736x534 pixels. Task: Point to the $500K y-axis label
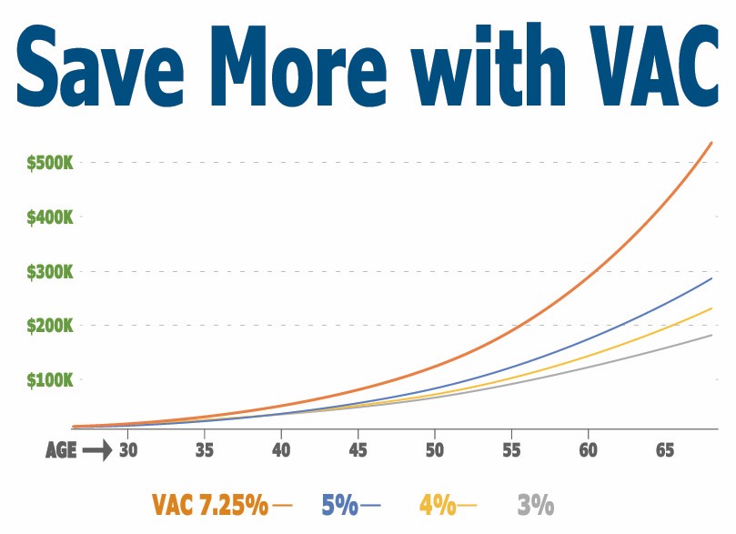(x=57, y=164)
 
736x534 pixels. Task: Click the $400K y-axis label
(x=57, y=218)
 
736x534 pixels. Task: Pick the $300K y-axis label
(x=57, y=272)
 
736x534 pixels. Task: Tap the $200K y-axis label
(x=57, y=326)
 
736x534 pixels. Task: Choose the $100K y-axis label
(x=57, y=379)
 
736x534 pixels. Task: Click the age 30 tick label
(x=127, y=449)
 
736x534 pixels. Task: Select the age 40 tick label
(x=281, y=449)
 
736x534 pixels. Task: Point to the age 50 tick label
(x=435, y=449)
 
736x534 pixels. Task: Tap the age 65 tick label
(x=665, y=449)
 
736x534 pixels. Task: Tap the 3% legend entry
(x=535, y=504)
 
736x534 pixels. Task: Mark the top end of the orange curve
(x=711, y=143)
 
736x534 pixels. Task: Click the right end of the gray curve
(x=711, y=336)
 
